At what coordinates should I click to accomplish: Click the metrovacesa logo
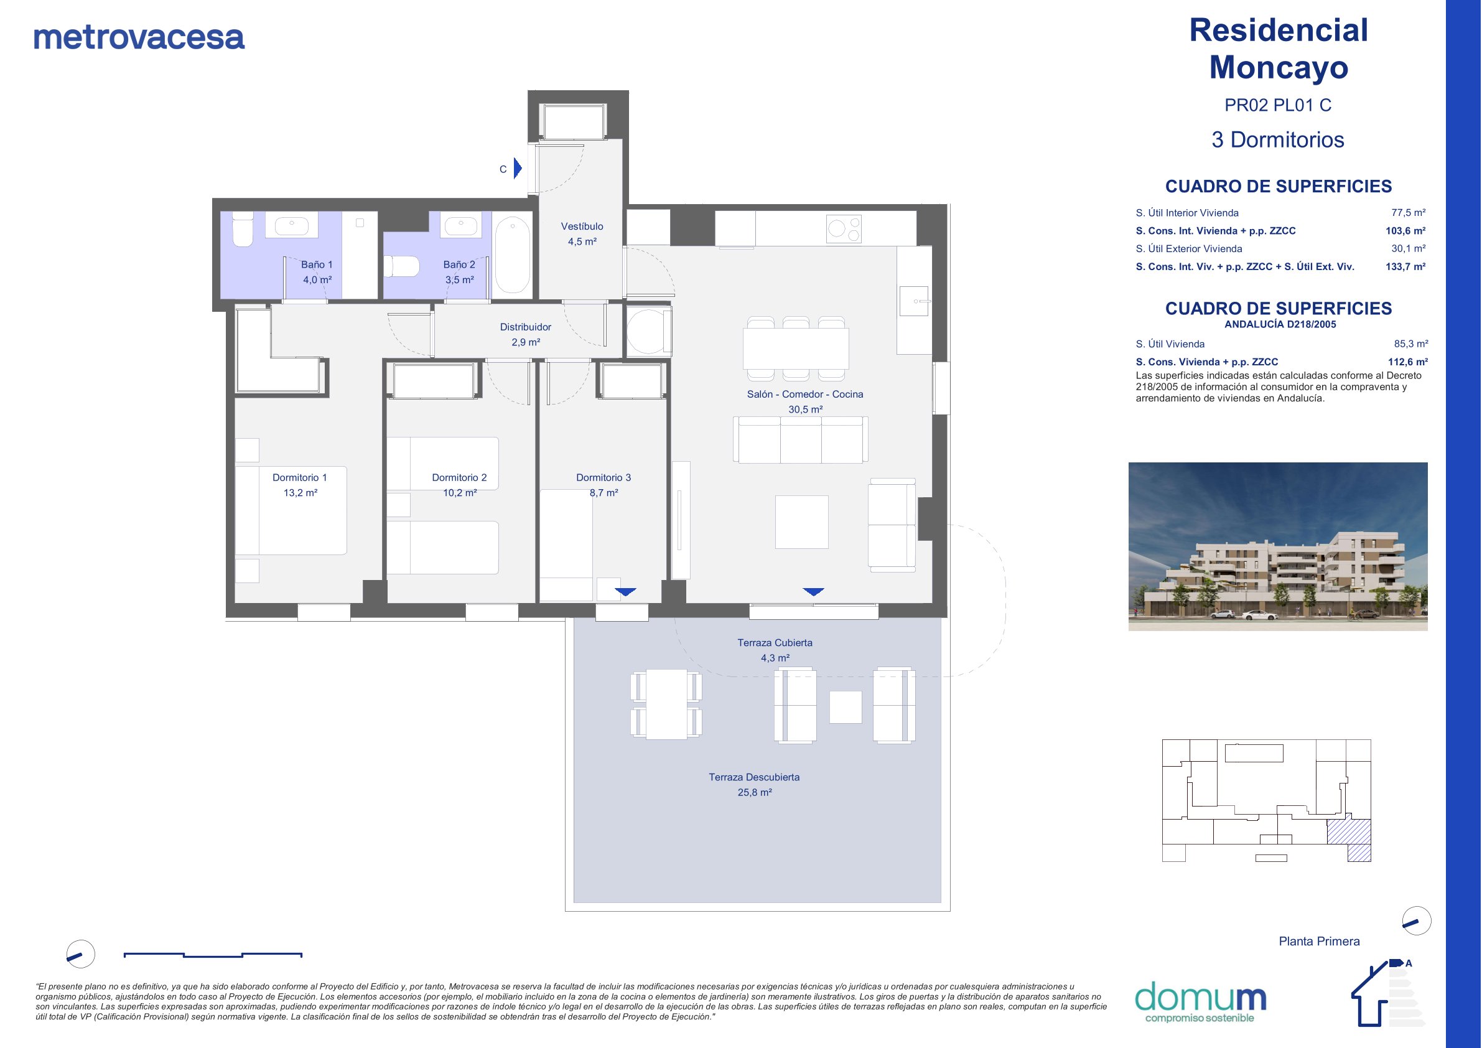coord(139,37)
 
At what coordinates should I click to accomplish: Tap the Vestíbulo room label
coord(582,227)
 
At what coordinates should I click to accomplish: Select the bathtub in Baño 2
coord(513,255)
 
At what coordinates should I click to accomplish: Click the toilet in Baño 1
coord(242,229)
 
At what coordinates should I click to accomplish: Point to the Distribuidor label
coord(525,327)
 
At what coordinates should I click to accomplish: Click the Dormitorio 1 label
coord(299,478)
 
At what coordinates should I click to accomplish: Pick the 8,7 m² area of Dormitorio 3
coord(604,493)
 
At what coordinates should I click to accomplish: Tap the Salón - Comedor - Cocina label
coord(805,395)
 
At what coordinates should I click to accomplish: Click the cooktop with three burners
coord(844,228)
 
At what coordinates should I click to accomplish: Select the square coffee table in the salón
coord(802,522)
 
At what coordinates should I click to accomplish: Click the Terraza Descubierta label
coord(754,777)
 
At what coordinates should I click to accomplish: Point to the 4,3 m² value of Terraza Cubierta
coord(775,658)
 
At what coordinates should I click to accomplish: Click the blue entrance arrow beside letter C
coord(518,169)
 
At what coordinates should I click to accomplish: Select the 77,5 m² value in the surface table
coord(1409,212)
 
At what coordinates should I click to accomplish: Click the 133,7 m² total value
coord(1406,267)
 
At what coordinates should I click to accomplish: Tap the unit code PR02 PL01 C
coord(1278,105)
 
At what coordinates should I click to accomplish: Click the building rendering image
coord(1278,546)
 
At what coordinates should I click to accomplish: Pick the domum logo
coord(1200,1002)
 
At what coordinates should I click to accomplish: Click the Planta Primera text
coord(1320,942)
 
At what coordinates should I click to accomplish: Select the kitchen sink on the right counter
coord(914,301)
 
